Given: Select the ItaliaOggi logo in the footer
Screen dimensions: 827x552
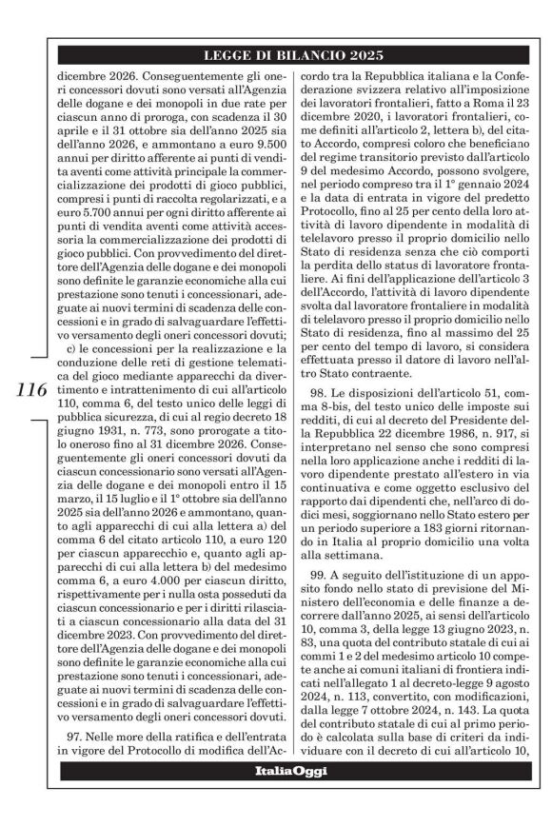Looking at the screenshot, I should pyautogui.click(x=275, y=795).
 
